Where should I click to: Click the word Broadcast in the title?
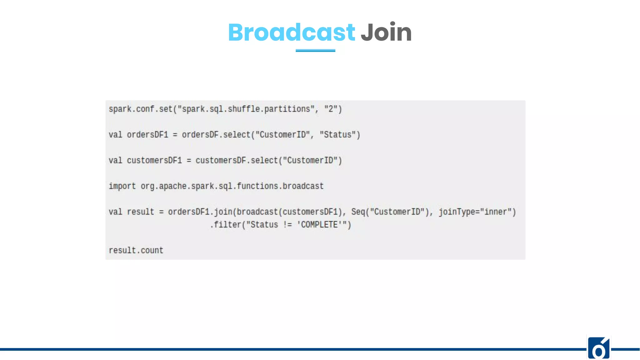tap(291, 32)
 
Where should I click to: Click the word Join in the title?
tap(386, 32)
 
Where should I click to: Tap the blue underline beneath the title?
tap(315, 50)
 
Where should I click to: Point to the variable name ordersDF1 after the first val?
tap(147, 135)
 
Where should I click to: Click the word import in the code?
tap(122, 186)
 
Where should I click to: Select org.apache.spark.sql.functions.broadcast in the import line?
tap(232, 186)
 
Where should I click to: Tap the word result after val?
tap(141, 212)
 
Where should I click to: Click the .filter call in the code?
tap(226, 225)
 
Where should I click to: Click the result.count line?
tap(136, 250)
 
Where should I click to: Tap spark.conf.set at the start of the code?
tap(141, 109)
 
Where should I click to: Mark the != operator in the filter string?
tap(287, 225)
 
